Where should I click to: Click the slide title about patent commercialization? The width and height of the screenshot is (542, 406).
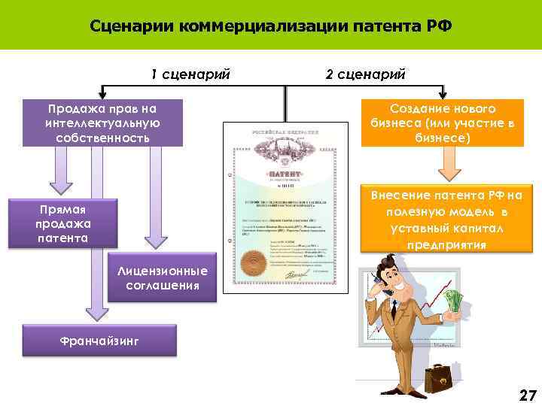tap(270, 26)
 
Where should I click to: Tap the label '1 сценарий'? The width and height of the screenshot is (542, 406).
tap(190, 74)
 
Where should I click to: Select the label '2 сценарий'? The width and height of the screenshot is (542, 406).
tap(365, 74)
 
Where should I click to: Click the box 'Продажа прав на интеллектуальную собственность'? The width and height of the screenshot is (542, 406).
tap(102, 123)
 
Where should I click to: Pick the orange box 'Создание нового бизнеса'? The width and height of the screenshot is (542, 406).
tap(442, 123)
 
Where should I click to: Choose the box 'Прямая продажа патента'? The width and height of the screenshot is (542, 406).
tap(63, 223)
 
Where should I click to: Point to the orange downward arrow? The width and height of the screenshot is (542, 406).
tap(449, 164)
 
